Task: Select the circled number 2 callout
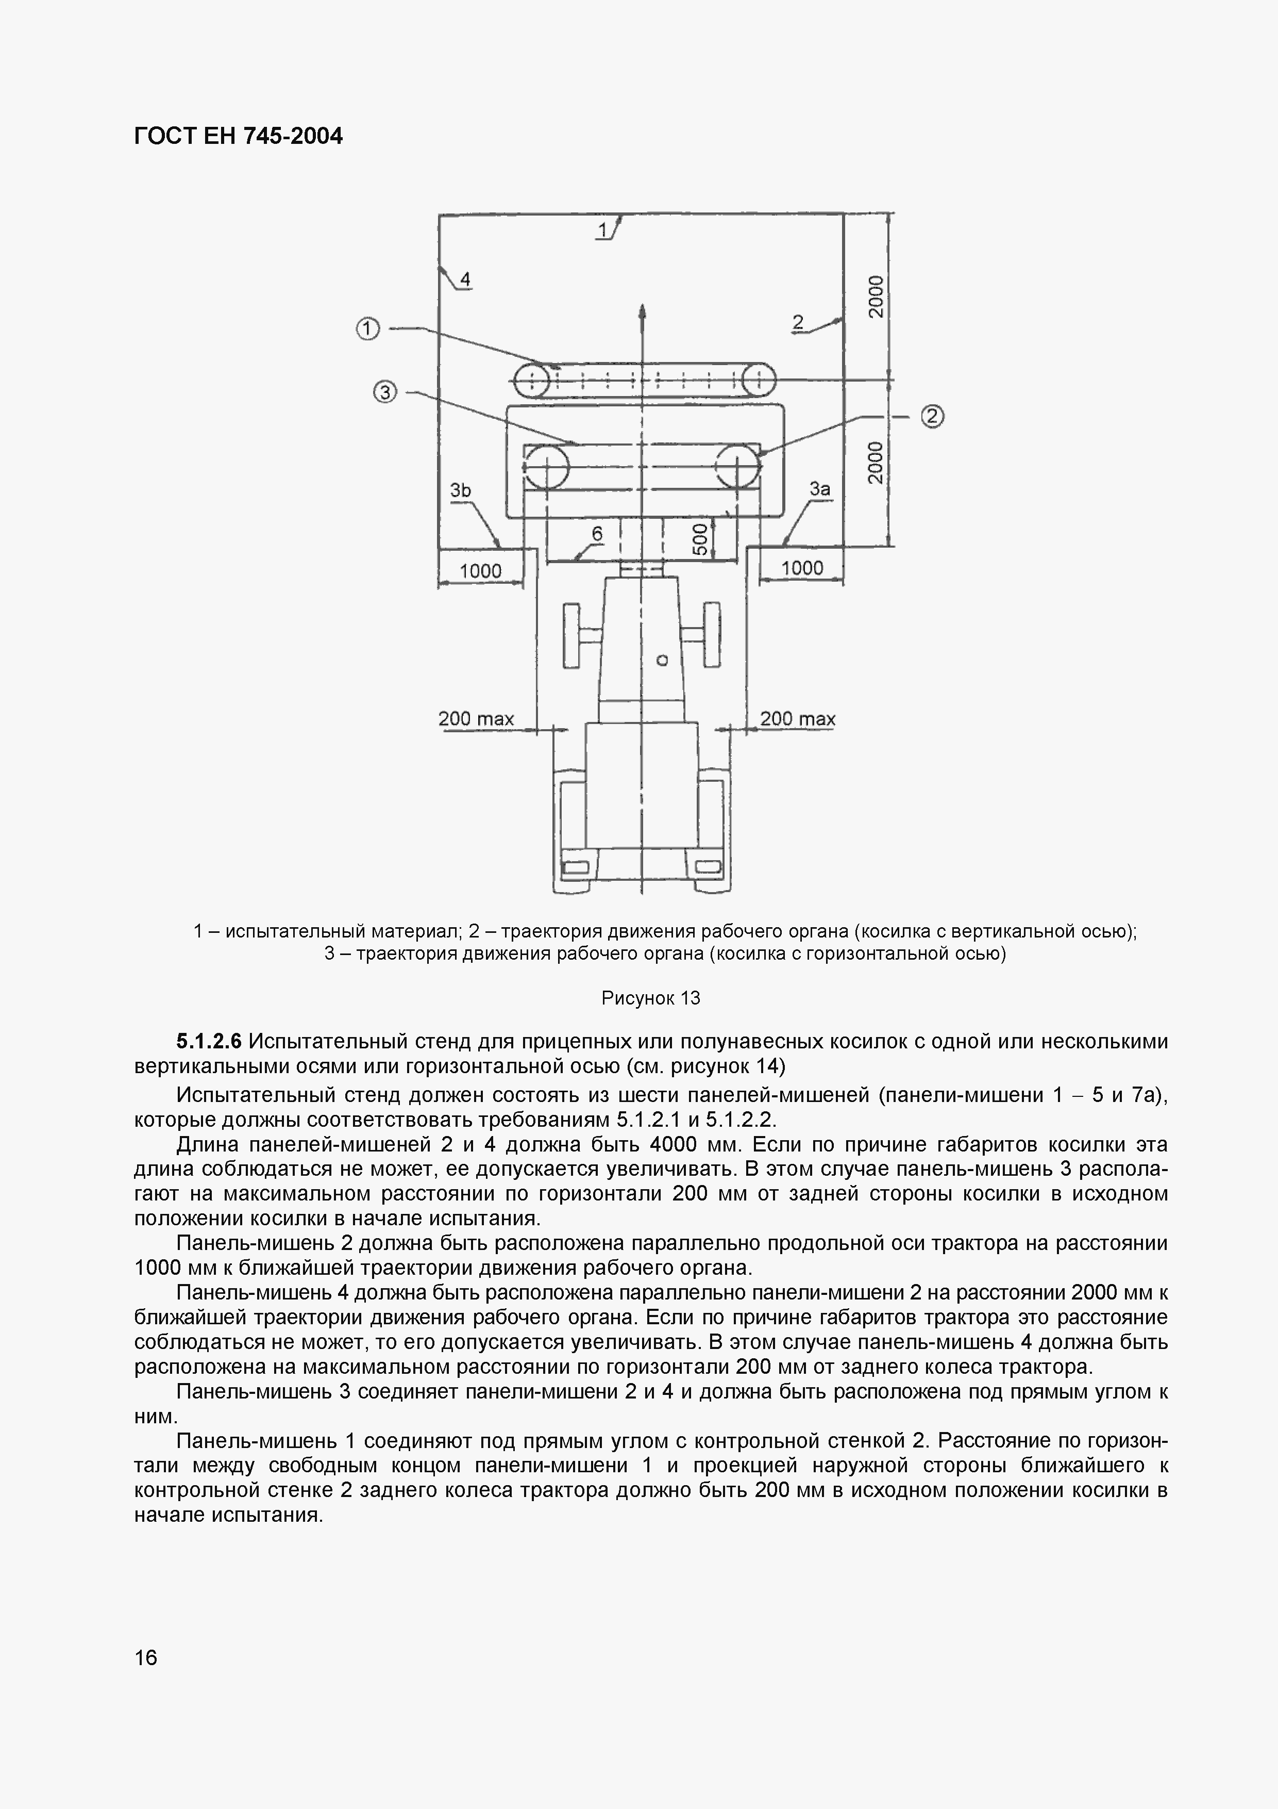pos(932,416)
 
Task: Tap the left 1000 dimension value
pos(480,570)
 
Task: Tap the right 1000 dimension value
pos(802,568)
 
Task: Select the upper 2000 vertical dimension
pos(876,296)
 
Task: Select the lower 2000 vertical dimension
pos(876,463)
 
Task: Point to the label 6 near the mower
pos(597,534)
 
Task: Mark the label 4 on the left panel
pos(465,279)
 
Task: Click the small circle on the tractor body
pos(662,660)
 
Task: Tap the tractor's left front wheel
pos(571,635)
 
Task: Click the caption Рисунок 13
pos(650,998)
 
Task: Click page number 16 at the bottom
pos(146,1658)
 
